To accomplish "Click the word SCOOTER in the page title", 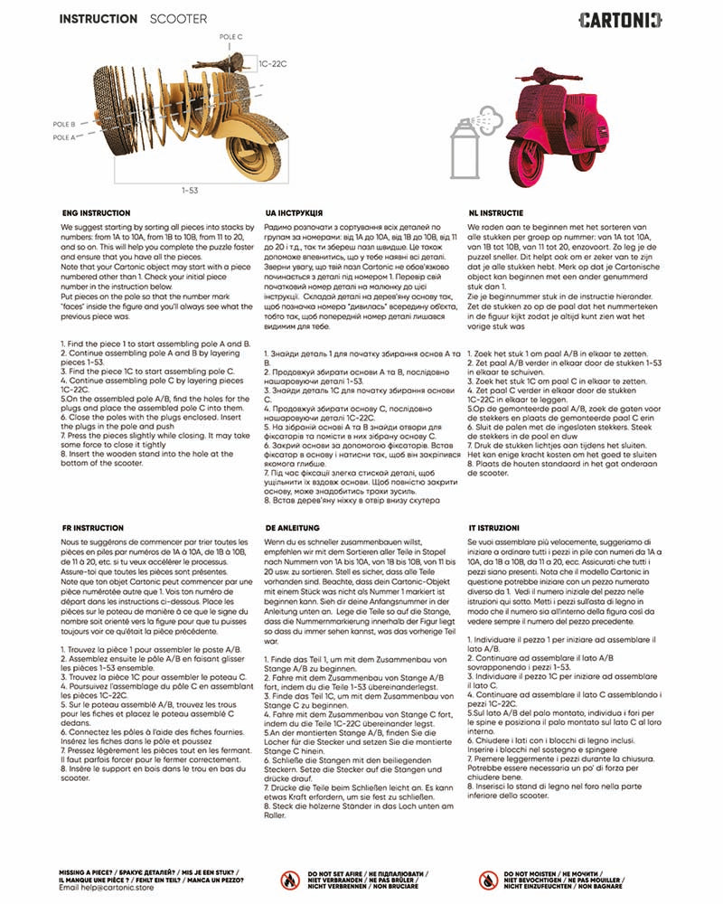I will point(178,19).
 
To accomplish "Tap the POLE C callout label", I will point(231,37).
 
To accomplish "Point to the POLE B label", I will point(63,124).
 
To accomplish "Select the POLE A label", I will point(63,137).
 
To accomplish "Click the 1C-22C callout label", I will point(273,66).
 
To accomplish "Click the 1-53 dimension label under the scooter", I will point(190,190).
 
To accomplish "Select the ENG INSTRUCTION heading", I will point(95,212).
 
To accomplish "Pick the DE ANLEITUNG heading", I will point(293,525).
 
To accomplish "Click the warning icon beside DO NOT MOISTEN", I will point(490,880).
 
